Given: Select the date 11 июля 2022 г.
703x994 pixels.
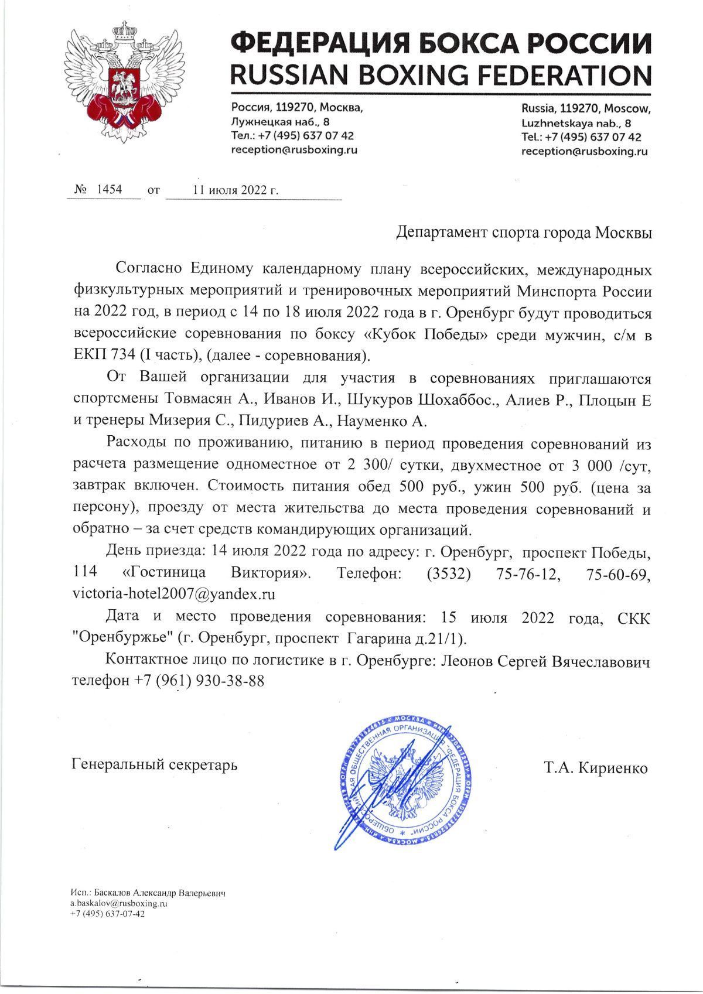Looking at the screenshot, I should pyautogui.click(x=236, y=190).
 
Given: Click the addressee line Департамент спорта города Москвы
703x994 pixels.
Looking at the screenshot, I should pyautogui.click(x=524, y=233).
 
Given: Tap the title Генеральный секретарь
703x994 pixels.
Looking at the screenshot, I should pyautogui.click(x=155, y=765).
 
